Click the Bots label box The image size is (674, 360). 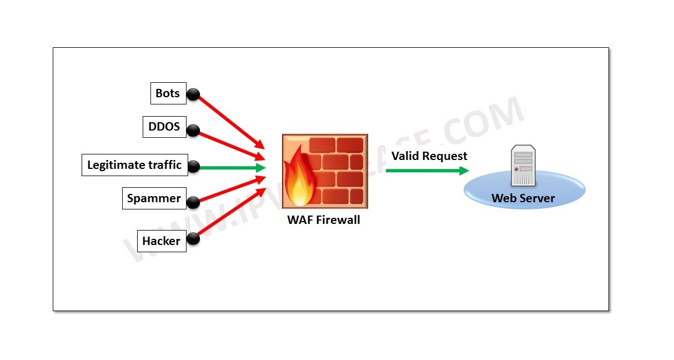tap(168, 93)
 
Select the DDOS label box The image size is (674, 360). tap(164, 127)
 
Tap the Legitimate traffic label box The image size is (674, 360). tap(134, 165)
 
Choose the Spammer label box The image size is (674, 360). tap(154, 198)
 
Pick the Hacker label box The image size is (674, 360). tap(161, 241)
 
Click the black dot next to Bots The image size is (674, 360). tap(193, 94)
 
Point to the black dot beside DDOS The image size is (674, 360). tap(193, 131)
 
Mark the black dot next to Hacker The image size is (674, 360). tap(193, 239)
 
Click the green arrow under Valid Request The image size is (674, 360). tap(426, 170)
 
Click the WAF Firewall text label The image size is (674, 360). tap(323, 219)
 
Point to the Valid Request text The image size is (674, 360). tap(429, 156)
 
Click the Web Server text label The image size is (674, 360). tap(523, 198)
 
